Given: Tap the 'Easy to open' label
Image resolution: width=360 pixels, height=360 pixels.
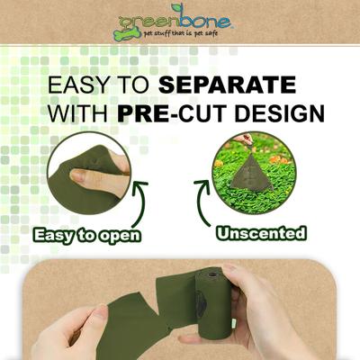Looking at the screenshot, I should [86, 236].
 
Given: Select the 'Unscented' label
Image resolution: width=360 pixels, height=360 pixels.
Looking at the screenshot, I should [261, 234].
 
